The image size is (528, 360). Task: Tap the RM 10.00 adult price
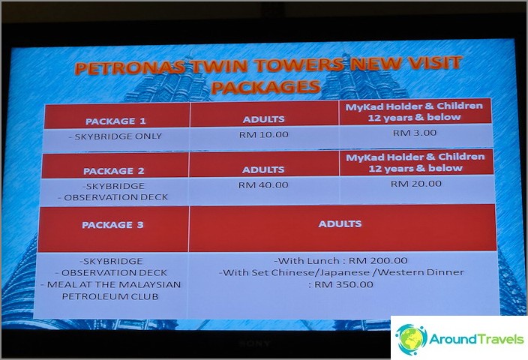click(264, 135)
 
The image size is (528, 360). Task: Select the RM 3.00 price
click(415, 133)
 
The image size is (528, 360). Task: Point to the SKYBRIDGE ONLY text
click(115, 136)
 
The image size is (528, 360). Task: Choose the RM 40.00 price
click(263, 185)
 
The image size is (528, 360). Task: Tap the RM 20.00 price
click(415, 184)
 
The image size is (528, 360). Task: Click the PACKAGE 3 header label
click(112, 224)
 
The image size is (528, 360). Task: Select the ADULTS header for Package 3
click(340, 223)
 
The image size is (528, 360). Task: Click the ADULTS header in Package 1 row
click(264, 119)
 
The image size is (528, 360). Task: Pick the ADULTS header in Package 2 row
click(263, 169)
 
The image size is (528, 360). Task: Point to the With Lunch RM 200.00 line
click(340, 261)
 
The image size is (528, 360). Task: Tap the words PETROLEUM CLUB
click(110, 296)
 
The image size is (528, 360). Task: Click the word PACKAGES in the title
click(265, 88)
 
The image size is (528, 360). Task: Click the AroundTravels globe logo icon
click(411, 339)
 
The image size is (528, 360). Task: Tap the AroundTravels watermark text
click(476, 338)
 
